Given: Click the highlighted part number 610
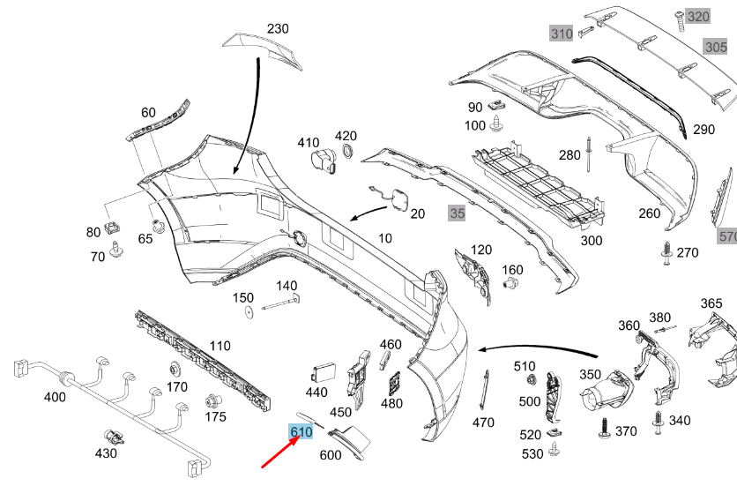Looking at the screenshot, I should click(301, 432).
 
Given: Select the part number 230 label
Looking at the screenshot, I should click(278, 29).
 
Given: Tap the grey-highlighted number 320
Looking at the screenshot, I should click(697, 17).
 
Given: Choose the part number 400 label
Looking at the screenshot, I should click(55, 398).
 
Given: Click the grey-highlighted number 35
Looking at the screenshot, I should click(457, 213).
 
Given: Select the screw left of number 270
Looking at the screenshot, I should click(666, 253).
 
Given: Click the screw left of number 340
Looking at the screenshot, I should click(658, 422).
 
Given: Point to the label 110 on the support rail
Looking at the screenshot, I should click(220, 346).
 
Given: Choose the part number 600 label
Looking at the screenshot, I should click(330, 455).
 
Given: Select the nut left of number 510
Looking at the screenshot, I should click(532, 380).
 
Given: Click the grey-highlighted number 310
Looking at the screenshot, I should click(562, 34).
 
